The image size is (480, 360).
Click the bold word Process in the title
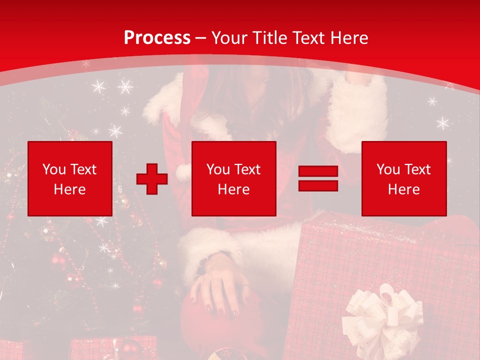[x=157, y=37]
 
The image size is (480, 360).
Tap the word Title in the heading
[x=268, y=37]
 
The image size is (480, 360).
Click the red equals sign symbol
[x=318, y=178]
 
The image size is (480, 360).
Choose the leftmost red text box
[x=70, y=178]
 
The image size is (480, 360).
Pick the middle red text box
[x=233, y=178]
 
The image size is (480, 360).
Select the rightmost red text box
[x=403, y=178]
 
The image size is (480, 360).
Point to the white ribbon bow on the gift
[x=382, y=315]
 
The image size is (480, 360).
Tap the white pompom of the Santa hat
[x=183, y=172]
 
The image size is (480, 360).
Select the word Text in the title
[x=307, y=37]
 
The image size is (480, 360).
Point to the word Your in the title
[x=229, y=37]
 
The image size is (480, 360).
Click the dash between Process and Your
[x=200, y=38]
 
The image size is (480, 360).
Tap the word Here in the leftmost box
[x=70, y=189]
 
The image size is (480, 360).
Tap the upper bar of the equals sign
[x=318, y=171]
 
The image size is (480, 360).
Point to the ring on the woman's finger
[x=245, y=286]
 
